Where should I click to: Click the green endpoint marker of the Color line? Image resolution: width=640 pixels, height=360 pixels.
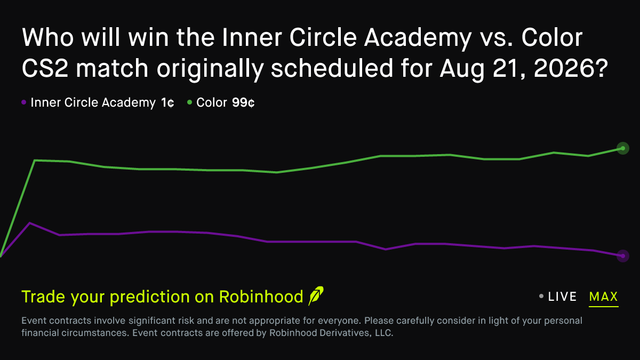(623, 148)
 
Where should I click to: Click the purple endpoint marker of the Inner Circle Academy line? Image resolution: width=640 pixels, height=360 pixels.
(623, 255)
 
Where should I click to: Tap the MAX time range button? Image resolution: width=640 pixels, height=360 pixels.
(603, 297)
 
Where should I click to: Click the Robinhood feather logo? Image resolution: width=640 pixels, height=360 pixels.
(316, 296)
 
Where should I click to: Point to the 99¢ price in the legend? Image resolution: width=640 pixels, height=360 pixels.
(243, 102)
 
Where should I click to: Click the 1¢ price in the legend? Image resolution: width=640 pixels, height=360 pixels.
(167, 102)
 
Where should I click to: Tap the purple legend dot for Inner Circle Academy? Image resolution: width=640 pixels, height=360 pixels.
(23, 102)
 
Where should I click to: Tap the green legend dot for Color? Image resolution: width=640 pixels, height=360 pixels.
(189, 102)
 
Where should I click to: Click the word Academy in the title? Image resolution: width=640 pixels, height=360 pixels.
(418, 38)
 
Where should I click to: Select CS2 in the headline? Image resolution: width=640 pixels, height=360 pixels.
(45, 68)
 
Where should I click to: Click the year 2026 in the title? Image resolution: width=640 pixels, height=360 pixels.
(571, 68)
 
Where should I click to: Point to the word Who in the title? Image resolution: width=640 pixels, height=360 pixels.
(47, 37)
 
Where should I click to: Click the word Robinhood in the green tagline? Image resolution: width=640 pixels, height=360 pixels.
(261, 297)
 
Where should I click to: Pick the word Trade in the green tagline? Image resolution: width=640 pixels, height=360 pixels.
(43, 297)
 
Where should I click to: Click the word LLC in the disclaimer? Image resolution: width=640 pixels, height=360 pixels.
(384, 333)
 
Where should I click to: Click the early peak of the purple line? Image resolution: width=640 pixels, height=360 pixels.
(30, 223)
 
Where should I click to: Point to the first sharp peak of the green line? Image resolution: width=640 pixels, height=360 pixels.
(35, 161)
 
